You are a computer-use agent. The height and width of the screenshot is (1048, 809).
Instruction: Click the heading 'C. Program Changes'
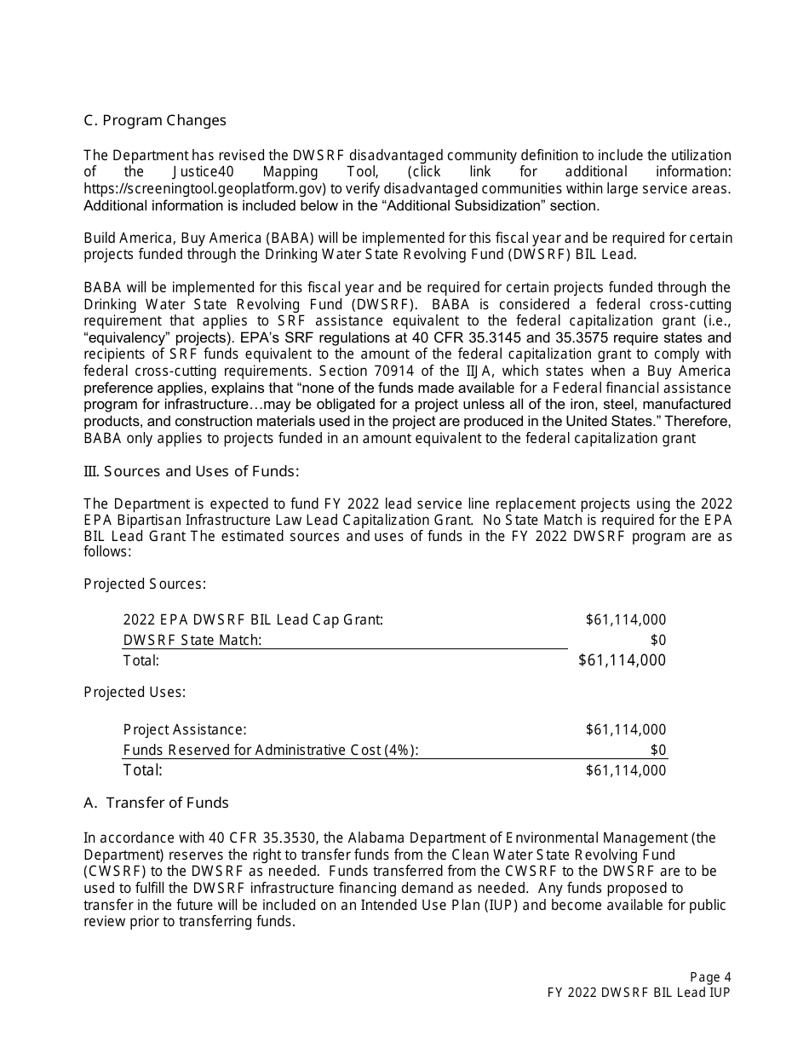point(155,120)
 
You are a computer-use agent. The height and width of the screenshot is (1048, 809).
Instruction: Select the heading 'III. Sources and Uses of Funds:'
point(192,471)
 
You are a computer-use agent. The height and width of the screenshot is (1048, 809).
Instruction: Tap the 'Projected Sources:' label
point(145,584)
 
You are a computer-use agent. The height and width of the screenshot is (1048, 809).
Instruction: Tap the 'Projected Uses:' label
point(135,692)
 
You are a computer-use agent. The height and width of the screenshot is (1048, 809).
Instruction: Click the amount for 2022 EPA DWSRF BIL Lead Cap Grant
point(625,619)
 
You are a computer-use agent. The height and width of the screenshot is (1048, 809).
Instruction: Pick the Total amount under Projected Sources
point(622,660)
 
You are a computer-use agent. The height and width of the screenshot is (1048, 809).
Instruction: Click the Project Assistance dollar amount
point(625,729)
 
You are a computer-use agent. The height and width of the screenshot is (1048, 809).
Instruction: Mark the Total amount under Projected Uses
point(625,770)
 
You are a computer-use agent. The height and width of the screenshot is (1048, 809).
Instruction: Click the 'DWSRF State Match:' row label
point(192,640)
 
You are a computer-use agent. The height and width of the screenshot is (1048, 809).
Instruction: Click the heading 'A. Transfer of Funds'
point(156,803)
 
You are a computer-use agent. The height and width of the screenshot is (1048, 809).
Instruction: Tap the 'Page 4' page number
point(710,977)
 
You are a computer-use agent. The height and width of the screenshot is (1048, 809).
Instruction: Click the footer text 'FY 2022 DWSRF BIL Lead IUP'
point(639,993)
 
